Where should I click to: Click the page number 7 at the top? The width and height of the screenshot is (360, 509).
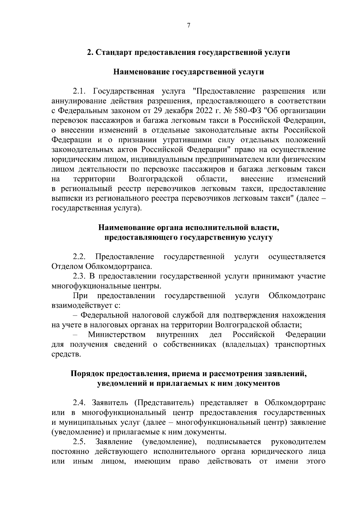tap(188, 25)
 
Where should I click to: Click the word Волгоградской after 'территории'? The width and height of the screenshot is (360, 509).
tap(156, 179)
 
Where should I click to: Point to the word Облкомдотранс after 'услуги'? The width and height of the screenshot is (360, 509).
tap(297, 296)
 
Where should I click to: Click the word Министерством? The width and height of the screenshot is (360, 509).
tap(117, 335)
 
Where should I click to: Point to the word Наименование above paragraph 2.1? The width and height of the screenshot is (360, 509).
tap(141, 72)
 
